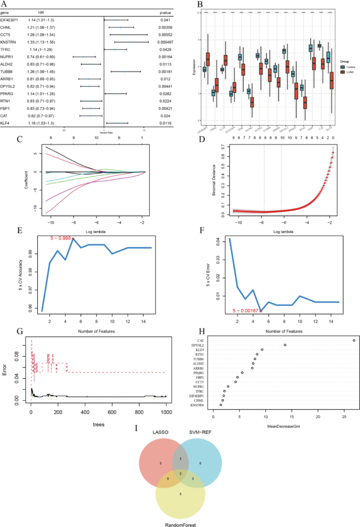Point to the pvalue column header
click(166, 11)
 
